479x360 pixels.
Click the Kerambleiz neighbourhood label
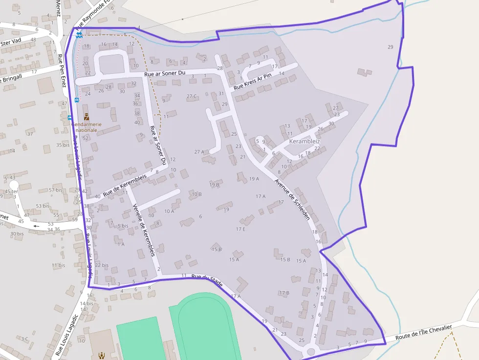point(305,141)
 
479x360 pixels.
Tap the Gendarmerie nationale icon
point(87,117)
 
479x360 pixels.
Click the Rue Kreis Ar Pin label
point(252,82)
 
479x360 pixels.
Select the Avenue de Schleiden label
point(292,199)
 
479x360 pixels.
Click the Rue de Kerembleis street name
point(125,186)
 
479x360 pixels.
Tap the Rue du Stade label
point(207,280)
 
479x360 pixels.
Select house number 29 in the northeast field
point(390,47)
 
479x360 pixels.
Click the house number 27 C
point(192,96)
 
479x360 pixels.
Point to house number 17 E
point(240,229)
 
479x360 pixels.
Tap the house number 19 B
point(214,185)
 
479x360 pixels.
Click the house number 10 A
point(169,211)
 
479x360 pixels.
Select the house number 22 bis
point(102,265)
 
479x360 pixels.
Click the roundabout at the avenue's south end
point(310,352)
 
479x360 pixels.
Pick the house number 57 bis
point(56,190)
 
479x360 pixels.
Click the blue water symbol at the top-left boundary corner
point(79,34)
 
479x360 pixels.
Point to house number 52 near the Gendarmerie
point(86,138)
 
